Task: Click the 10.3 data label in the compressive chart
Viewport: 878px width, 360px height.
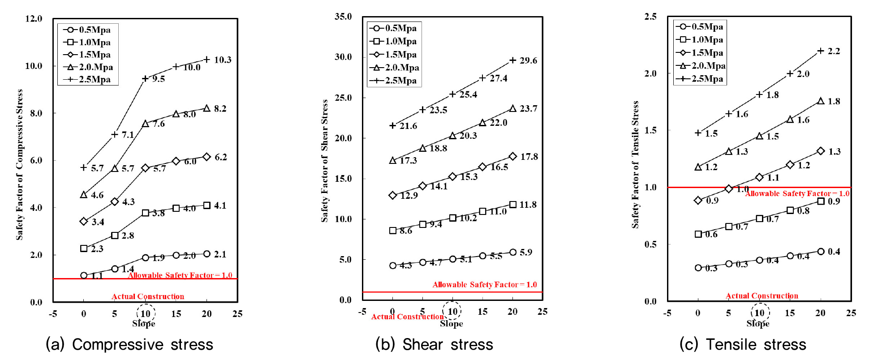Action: pyautogui.click(x=223, y=60)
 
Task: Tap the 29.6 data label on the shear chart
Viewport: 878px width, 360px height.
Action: pyautogui.click(x=528, y=60)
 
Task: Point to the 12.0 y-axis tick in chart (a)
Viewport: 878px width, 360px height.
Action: pyautogui.click(x=34, y=19)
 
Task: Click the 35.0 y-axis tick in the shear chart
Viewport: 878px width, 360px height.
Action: pyautogui.click(x=343, y=17)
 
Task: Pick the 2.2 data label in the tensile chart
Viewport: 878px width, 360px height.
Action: pyautogui.click(x=834, y=51)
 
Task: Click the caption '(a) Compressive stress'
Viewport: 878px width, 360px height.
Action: pyautogui.click(x=129, y=344)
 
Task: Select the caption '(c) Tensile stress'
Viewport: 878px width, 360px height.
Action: pyautogui.click(x=742, y=344)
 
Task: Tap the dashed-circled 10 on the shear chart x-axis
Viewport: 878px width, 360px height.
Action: pyautogui.click(x=452, y=312)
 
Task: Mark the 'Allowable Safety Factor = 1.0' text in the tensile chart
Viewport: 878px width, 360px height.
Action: pyautogui.click(x=797, y=193)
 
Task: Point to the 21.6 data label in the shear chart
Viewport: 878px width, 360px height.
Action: pyautogui.click(x=408, y=126)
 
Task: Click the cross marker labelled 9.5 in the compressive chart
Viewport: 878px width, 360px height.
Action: pyautogui.click(x=145, y=79)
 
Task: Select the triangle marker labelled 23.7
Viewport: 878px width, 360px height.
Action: pyautogui.click(x=513, y=108)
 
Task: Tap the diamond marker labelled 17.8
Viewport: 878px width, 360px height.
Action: pyautogui.click(x=513, y=156)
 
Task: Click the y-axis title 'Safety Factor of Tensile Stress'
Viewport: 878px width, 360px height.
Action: pyautogui.click(x=635, y=165)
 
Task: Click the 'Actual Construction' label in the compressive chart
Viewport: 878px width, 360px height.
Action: pyautogui.click(x=148, y=296)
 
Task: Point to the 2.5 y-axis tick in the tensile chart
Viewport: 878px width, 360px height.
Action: pyautogui.click(x=650, y=17)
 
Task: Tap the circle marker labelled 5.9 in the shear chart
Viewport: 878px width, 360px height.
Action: pyautogui.click(x=513, y=252)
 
